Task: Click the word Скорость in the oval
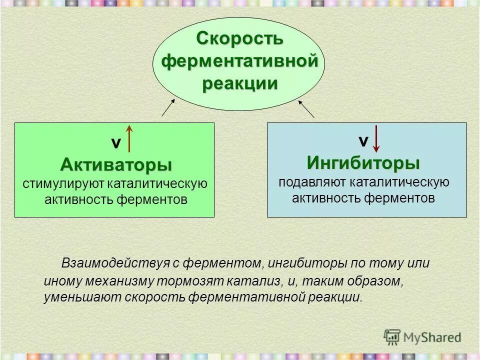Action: pyautogui.click(x=239, y=38)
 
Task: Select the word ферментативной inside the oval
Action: pyautogui.click(x=239, y=61)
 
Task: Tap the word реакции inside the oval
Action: pyautogui.click(x=239, y=83)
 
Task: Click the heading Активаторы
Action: pyautogui.click(x=116, y=164)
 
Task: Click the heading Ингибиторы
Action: pyautogui.click(x=363, y=162)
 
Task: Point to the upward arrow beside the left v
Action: pyautogui.click(x=129, y=138)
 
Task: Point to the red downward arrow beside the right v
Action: pyautogui.click(x=376, y=137)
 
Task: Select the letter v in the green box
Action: pyautogui.click(x=115, y=143)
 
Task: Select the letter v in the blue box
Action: pyautogui.click(x=363, y=141)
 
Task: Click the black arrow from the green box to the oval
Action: pyautogui.click(x=168, y=107)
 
